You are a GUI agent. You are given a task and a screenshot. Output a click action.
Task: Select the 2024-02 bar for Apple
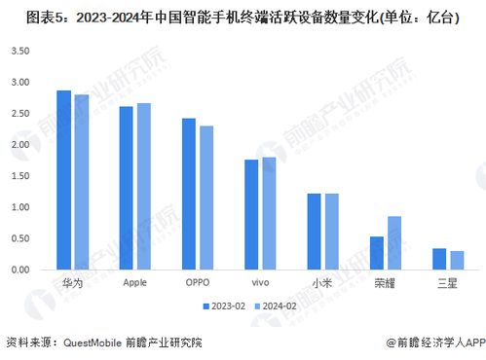tap(143, 186)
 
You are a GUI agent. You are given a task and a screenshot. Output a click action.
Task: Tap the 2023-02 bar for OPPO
tap(188, 194)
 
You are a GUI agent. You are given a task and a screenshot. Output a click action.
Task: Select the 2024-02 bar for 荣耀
tap(393, 242)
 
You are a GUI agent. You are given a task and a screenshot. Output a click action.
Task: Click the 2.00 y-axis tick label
tap(19, 144)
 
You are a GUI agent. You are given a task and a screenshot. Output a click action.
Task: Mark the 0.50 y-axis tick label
tap(19, 238)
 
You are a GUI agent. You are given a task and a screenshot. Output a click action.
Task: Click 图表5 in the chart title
tap(23, 16)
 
